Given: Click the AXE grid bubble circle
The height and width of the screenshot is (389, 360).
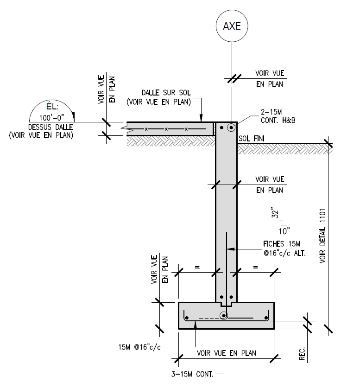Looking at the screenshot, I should point(232,26).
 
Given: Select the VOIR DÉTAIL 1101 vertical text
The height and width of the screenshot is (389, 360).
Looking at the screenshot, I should point(323,237).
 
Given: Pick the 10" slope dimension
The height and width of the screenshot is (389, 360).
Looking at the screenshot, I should point(284,230).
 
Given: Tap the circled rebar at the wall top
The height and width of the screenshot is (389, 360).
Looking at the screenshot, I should point(231,127).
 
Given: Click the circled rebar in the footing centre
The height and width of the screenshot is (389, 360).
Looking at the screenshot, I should point(224,316).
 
